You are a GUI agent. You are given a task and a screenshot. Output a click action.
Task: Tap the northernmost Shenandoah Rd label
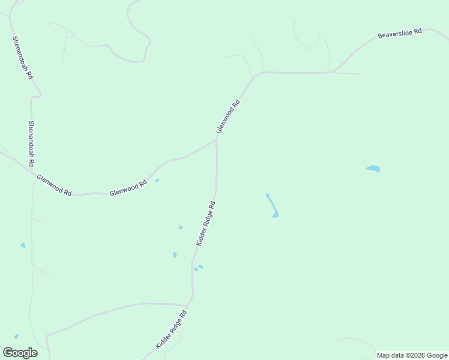coord(23,58)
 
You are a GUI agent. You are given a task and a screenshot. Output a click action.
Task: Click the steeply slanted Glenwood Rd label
coord(228,116)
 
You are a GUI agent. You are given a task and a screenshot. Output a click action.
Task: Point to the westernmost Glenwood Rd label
coord(54,185)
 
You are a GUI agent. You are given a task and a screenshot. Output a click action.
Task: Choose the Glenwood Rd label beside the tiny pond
coord(128,188)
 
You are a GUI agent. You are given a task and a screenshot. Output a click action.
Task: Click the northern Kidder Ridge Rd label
coord(205,223)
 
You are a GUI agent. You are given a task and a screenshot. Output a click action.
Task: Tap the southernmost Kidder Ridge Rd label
coord(172,329)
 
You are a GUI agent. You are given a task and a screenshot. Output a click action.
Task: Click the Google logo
coord(20,353)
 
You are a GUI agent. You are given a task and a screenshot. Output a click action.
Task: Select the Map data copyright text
coord(412,355)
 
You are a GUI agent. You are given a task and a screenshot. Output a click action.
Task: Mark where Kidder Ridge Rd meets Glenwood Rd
coord(217,139)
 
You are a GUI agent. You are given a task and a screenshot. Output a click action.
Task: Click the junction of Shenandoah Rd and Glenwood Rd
coord(32,173)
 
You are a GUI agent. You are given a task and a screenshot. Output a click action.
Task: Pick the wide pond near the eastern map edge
coord(373,169)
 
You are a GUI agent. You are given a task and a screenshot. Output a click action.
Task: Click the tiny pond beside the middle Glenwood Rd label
coord(157,180)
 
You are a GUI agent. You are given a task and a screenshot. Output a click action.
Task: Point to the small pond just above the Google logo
coord(16,337)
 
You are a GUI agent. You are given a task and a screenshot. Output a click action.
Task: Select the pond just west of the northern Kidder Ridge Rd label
coord(181,227)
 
